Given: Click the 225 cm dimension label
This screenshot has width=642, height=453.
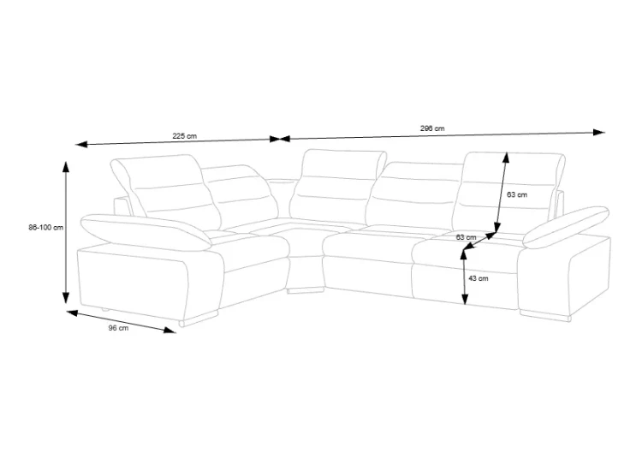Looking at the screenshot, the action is [x=184, y=136].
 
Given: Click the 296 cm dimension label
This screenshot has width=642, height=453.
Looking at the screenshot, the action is [x=432, y=128].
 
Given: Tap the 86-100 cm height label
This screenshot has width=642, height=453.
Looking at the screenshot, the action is [x=46, y=227].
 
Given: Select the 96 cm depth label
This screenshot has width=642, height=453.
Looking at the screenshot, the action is [x=118, y=328].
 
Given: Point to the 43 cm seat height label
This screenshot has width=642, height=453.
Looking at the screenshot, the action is [x=479, y=278].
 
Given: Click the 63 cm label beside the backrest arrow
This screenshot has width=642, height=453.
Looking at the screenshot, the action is [x=517, y=194].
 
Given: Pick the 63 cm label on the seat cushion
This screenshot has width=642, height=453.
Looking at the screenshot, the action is [x=467, y=237].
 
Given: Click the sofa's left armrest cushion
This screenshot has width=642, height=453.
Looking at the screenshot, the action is [x=146, y=232].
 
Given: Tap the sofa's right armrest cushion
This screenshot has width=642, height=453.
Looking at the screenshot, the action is [x=566, y=227].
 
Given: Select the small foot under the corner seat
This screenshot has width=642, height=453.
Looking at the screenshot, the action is [x=305, y=291].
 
